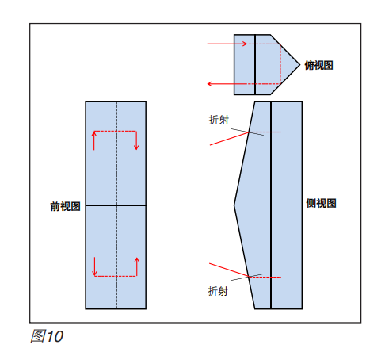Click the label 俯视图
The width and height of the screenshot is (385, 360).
(x=318, y=65)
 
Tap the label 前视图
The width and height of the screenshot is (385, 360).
(x=65, y=206)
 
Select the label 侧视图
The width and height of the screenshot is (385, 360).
(x=321, y=203)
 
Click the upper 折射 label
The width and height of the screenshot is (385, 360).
(x=219, y=120)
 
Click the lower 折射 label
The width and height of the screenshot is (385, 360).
(x=218, y=291)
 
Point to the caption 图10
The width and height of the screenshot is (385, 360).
(x=47, y=336)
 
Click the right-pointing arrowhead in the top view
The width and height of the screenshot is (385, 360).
(x=245, y=44)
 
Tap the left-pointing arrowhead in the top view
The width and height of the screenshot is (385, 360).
(x=210, y=84)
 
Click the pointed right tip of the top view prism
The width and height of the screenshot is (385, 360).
(x=300, y=64)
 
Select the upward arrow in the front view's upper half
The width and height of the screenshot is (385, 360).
(x=94, y=140)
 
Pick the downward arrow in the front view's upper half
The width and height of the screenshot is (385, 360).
(x=136, y=140)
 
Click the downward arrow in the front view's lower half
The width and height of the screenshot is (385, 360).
(x=94, y=266)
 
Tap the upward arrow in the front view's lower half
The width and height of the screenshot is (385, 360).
(x=137, y=266)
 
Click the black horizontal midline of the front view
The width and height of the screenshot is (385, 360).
(x=116, y=205)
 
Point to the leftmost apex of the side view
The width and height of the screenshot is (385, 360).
(x=234, y=205)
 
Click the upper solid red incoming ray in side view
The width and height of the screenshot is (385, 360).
(x=230, y=139)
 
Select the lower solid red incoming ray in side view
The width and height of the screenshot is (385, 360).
(x=229, y=270)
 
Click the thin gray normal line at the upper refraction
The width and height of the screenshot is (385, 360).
(x=247, y=132)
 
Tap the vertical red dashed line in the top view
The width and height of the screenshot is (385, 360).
(x=280, y=64)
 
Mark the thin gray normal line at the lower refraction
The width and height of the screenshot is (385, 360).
(x=247, y=277)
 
